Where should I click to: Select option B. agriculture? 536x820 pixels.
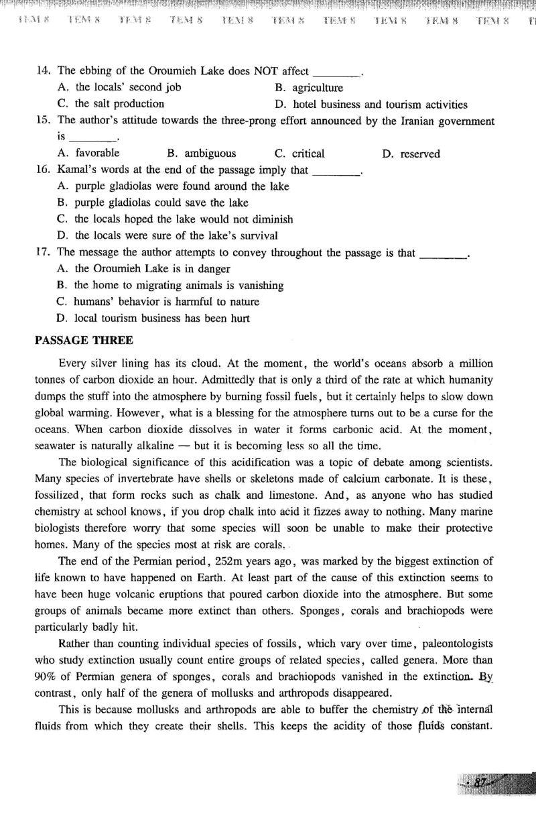tap(309, 88)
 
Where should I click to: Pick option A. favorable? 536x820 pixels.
tap(89, 154)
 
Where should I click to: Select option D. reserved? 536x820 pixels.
tap(411, 154)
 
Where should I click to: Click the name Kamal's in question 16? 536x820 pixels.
tap(74, 170)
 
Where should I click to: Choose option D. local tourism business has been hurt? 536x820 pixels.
tap(153, 318)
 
